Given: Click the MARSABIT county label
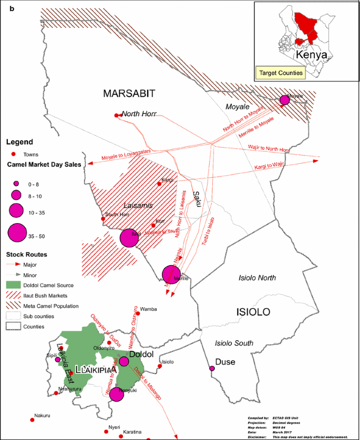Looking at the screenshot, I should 129,94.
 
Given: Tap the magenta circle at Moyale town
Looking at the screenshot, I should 285,100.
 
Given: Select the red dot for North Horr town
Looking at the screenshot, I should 116,116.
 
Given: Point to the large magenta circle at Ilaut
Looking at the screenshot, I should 129,238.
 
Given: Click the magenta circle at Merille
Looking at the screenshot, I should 171,274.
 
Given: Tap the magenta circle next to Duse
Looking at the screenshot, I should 212,369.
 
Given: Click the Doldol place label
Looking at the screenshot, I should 140,355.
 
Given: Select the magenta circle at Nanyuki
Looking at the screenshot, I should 117,393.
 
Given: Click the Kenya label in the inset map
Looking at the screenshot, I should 311,54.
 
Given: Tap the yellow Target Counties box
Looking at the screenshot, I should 281,73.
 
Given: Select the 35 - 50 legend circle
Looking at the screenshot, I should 17,233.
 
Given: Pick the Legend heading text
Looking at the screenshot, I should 19,142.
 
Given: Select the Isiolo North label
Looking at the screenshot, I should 257,278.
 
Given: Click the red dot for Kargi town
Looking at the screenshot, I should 159,184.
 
